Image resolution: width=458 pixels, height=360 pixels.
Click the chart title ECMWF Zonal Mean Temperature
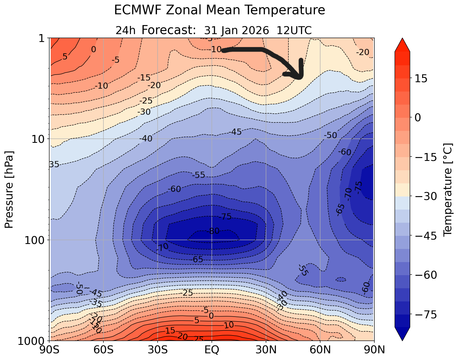click(x=219, y=10)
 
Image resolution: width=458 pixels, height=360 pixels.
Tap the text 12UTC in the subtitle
click(x=294, y=30)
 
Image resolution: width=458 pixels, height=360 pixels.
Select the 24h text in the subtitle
click(x=126, y=30)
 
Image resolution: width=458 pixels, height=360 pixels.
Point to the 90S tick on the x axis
click(x=50, y=350)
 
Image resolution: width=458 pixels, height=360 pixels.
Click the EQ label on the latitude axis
click(x=212, y=350)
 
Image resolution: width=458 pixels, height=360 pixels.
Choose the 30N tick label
click(x=266, y=350)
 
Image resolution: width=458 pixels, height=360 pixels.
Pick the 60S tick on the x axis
click(x=104, y=350)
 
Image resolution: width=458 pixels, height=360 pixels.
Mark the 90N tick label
click(x=374, y=350)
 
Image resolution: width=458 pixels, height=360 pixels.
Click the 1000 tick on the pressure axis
click(x=31, y=341)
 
